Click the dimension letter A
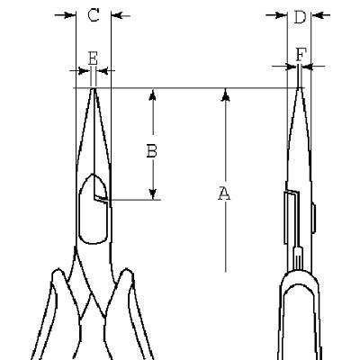tap(224, 193)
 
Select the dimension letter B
tap(152, 151)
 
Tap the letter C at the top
tap(94, 15)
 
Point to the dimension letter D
tap(300, 17)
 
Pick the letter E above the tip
tap(93, 58)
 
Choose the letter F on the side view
tap(301, 55)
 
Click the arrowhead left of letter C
tap(69, 15)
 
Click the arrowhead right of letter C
tap(117, 15)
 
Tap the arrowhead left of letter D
tap(281, 14)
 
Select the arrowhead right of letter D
tap(317, 14)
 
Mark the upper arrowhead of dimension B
tap(153, 94)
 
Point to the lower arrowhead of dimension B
tap(153, 193)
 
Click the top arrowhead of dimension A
tap(227, 94)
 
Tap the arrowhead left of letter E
tap(85, 71)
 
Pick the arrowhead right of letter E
tap(103, 71)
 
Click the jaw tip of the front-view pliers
tap(94, 89)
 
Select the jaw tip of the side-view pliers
tap(300, 88)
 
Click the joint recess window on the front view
tap(93, 209)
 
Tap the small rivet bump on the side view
tap(313, 218)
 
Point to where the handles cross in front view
tap(92, 295)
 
